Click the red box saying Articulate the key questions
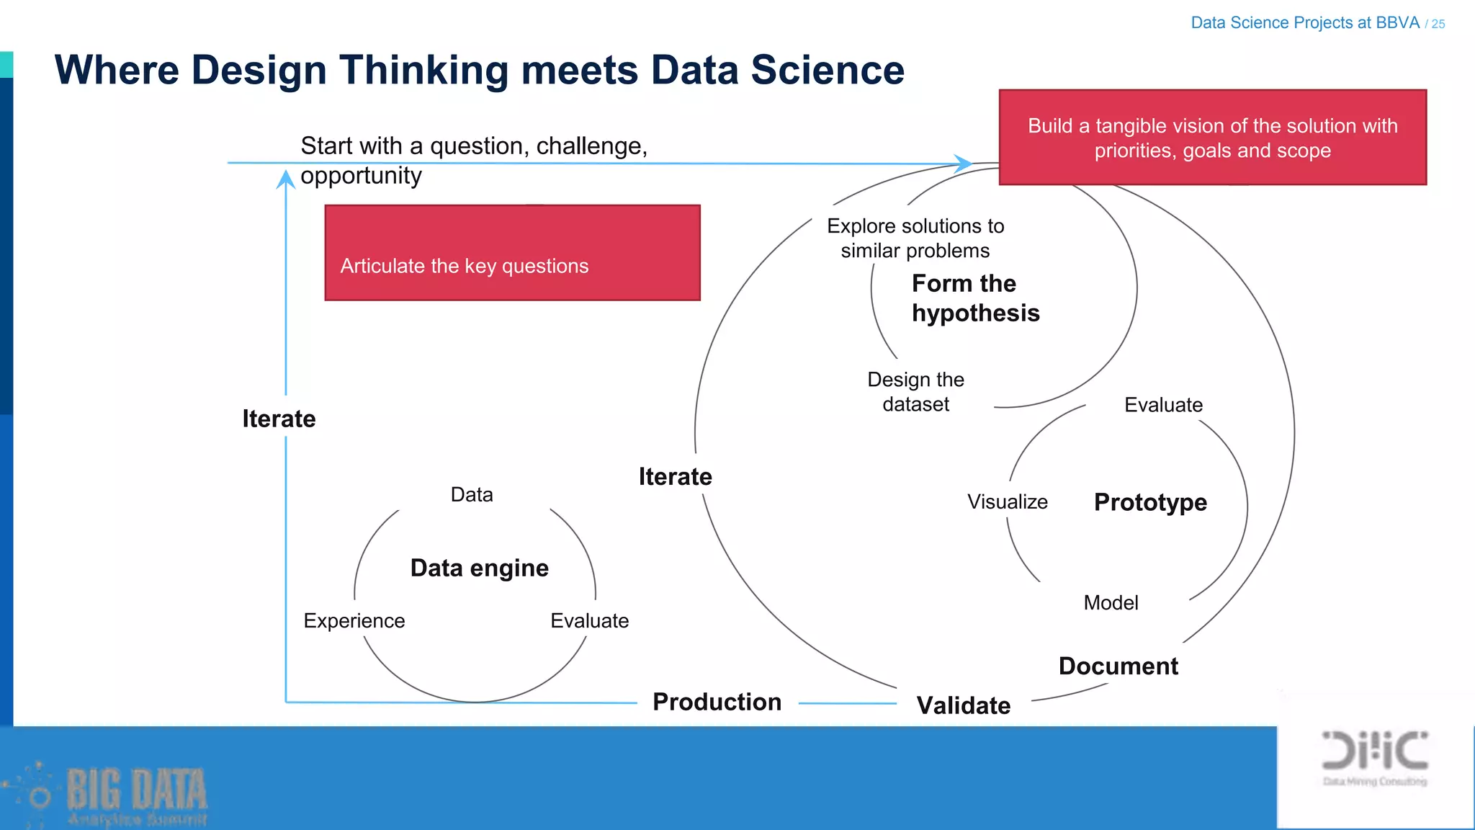[x=512, y=253]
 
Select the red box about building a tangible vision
[x=1212, y=138]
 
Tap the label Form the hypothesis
[x=974, y=298]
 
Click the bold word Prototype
[x=1150, y=502]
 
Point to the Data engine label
[x=479, y=568]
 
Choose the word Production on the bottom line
[x=717, y=702]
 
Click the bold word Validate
[x=963, y=705]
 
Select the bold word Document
[x=1118, y=666]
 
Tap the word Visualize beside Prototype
[x=1007, y=501]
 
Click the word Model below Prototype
[x=1111, y=602]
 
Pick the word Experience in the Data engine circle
[x=354, y=620]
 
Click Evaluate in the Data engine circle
[x=589, y=620]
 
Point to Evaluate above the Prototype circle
[x=1163, y=405]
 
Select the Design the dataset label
[x=915, y=392]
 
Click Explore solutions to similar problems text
[x=915, y=238]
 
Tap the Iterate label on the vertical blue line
[x=279, y=419]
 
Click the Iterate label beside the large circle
[x=675, y=476]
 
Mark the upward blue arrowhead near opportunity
[x=286, y=177]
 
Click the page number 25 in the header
[x=1438, y=24]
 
